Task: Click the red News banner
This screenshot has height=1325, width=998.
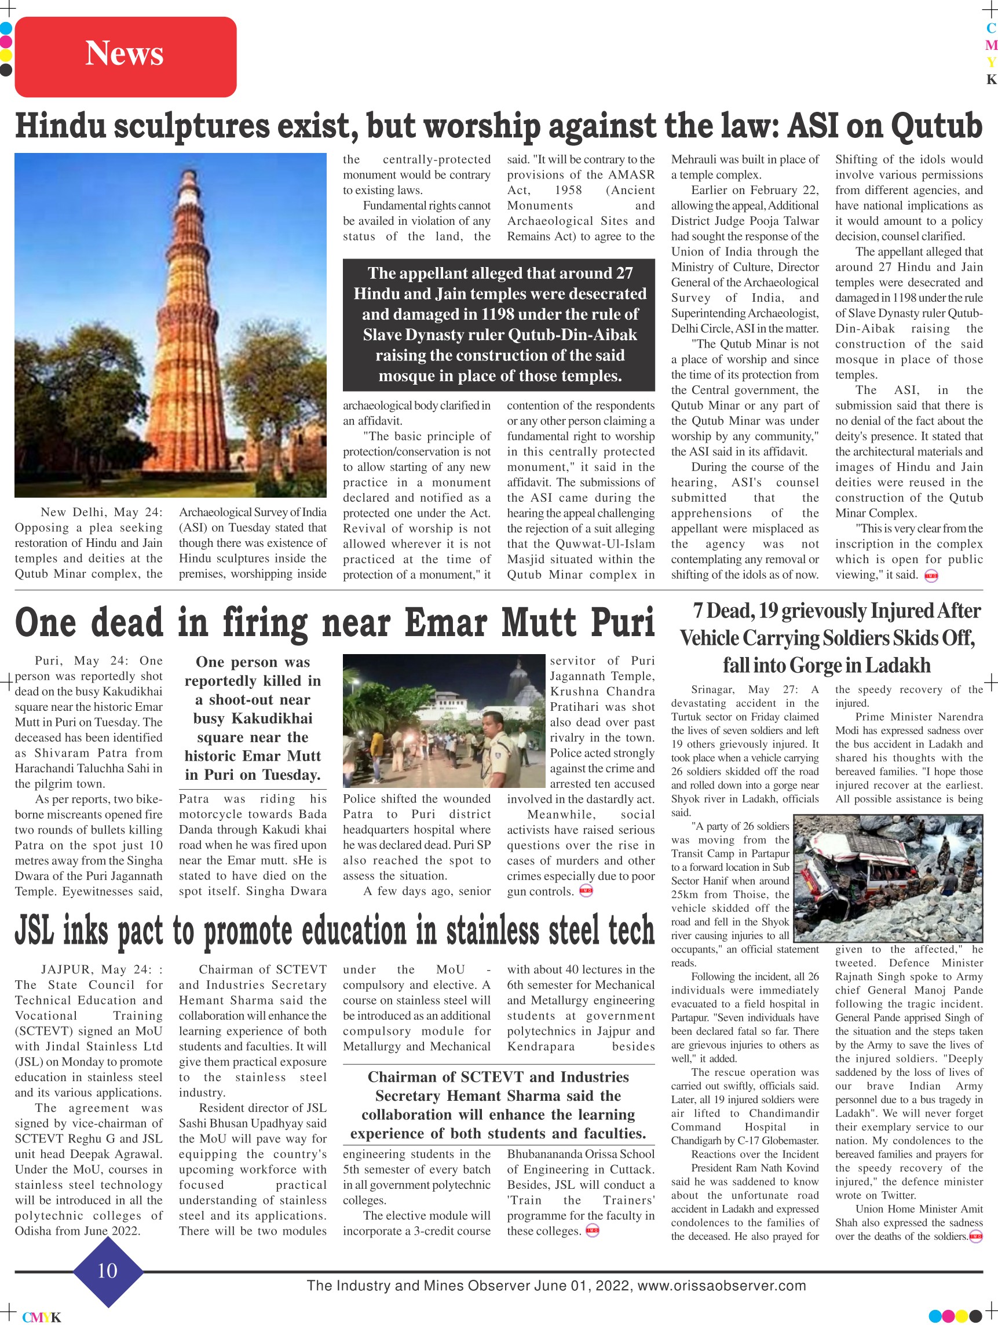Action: pyautogui.click(x=125, y=56)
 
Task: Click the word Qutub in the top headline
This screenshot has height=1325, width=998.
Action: pyautogui.click(x=936, y=126)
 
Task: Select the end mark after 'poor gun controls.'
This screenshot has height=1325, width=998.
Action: pyautogui.click(x=586, y=891)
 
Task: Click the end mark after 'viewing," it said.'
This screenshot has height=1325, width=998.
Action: pyautogui.click(x=931, y=576)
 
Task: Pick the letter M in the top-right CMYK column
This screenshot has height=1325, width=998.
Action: pyautogui.click(x=992, y=46)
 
